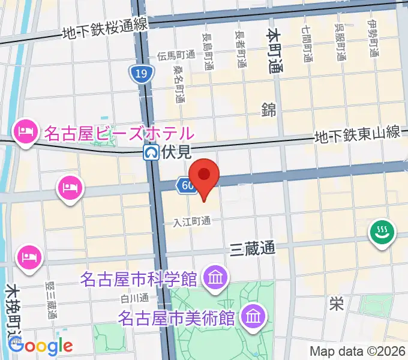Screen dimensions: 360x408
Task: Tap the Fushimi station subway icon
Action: pos(151,153)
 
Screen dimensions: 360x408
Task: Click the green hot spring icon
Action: pos(381,232)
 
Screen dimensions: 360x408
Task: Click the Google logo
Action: pos(41,346)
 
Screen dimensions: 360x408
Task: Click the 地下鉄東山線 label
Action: pos(358,136)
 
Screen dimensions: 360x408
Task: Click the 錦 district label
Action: pos(268,109)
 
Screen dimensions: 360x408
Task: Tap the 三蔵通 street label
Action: pos(253,248)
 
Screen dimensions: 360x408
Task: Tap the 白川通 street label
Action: pos(134,298)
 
